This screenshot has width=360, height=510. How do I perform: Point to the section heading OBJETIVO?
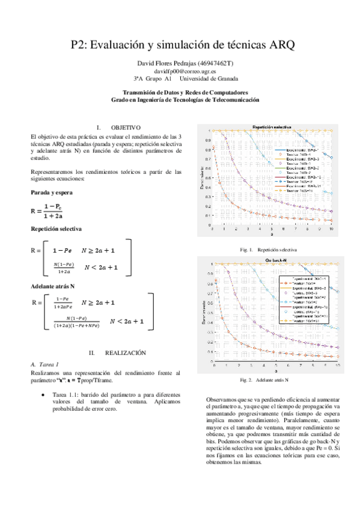[125, 127]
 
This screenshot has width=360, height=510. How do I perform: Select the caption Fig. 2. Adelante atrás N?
[264, 380]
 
